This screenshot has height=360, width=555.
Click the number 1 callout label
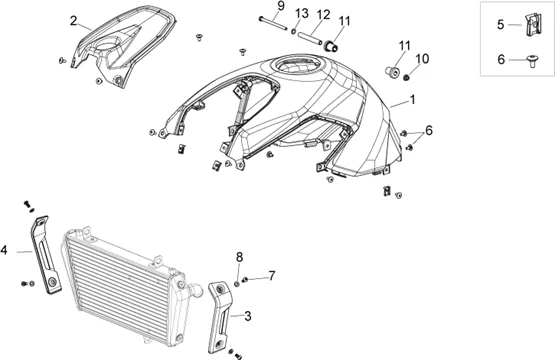click(412, 100)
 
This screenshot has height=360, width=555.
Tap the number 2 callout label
click(73, 21)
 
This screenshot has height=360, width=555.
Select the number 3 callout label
click(248, 316)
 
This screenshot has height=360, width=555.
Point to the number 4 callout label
click(4, 250)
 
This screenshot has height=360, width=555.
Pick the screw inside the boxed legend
click(532, 61)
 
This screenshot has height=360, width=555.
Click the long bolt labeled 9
click(273, 23)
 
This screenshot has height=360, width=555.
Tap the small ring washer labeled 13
click(294, 32)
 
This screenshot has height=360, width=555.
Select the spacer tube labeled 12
click(311, 38)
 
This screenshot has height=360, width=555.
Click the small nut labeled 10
click(407, 77)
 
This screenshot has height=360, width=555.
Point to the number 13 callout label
click(302, 13)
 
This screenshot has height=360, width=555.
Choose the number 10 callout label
click(422, 59)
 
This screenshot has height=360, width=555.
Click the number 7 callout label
click(271, 276)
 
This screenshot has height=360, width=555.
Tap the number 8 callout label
click(240, 257)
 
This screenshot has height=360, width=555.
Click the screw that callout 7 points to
click(245, 281)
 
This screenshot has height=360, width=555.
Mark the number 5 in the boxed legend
click(500, 25)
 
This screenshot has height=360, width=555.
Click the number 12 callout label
click(324, 15)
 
